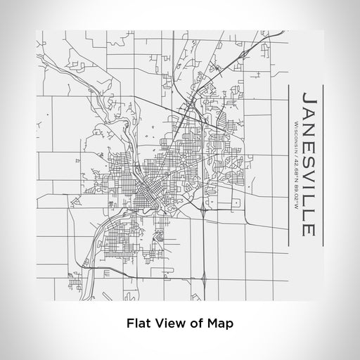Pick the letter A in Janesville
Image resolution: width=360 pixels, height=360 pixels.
(x=308, y=115)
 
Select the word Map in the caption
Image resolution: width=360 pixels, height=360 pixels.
(x=219, y=324)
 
